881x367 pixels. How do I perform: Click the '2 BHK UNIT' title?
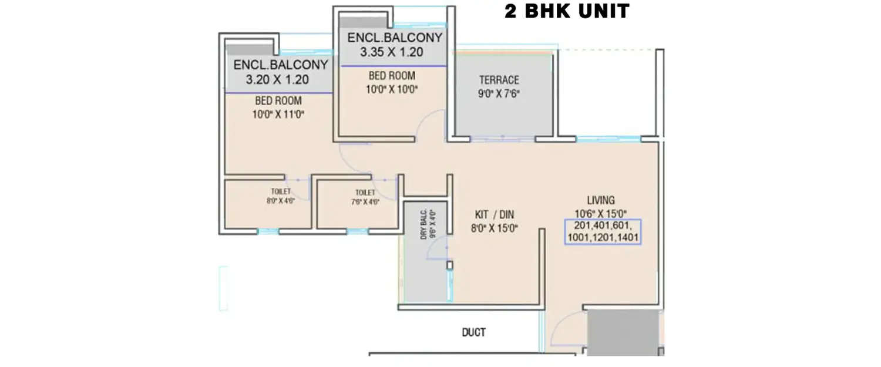(567, 11)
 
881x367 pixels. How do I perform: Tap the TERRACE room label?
(499, 80)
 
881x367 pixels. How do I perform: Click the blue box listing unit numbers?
(603, 231)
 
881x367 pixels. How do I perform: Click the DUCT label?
(473, 332)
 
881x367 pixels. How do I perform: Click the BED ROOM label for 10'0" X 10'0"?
(392, 75)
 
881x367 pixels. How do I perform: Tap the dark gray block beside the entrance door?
(623, 332)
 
